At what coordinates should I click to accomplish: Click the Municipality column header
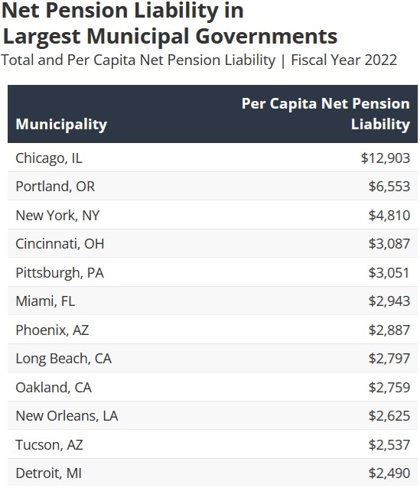[x=61, y=125]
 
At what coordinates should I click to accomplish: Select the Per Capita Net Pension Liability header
[x=326, y=114]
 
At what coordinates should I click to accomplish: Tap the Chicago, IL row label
[x=49, y=158]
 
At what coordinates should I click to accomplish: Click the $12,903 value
[x=386, y=158]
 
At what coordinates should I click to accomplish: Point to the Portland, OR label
[x=55, y=187]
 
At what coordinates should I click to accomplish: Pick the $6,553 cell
[x=389, y=187]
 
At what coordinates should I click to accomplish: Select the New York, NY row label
[x=57, y=216]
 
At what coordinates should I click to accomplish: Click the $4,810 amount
[x=389, y=216]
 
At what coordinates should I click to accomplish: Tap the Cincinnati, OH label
[x=60, y=244]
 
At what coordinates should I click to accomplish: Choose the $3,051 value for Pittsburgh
[x=389, y=273]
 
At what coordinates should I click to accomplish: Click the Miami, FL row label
[x=45, y=301]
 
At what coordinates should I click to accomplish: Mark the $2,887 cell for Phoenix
[x=389, y=330]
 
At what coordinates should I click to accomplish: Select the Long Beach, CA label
[x=63, y=359]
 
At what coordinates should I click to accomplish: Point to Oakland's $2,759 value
[x=389, y=387]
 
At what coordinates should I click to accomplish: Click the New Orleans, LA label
[x=67, y=416]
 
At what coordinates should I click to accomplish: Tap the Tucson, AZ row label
[x=50, y=445]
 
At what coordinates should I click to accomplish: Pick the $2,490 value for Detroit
[x=389, y=473]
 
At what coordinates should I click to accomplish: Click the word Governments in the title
[x=266, y=36]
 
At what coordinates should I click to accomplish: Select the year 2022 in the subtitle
[x=380, y=60]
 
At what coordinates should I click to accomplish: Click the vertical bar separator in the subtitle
[x=283, y=60]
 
